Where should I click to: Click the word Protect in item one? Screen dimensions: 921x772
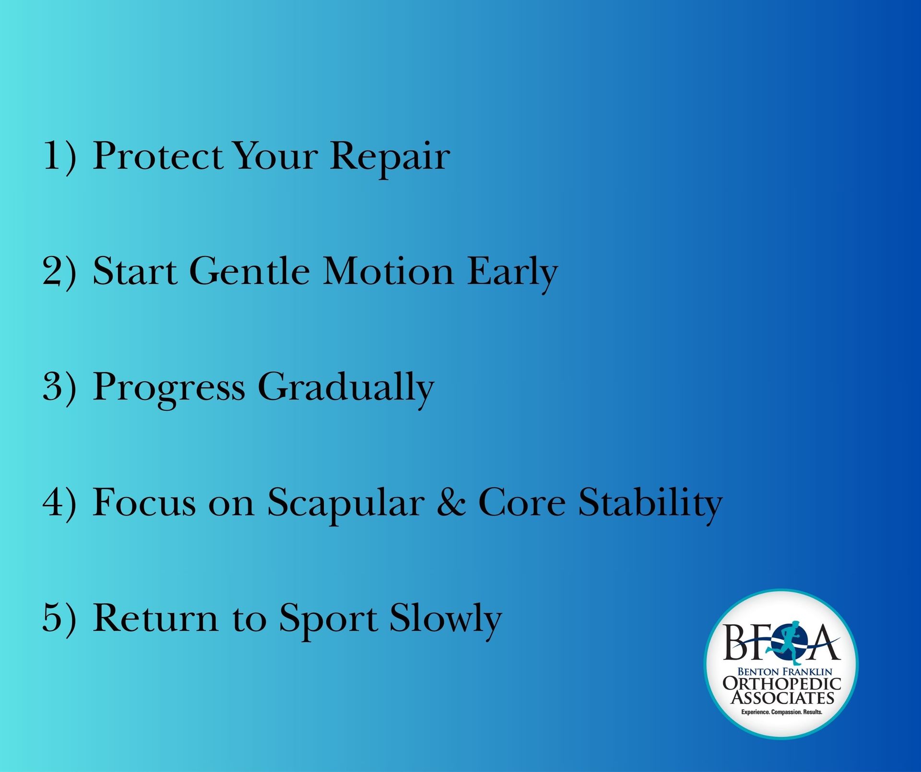[x=158, y=156]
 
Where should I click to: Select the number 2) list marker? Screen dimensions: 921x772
[x=59, y=271]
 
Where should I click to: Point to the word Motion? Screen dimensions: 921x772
[x=388, y=271]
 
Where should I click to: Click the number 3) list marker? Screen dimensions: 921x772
[x=59, y=386]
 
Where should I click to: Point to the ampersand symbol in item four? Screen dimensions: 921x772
[x=451, y=503]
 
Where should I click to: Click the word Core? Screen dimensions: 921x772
[x=522, y=503]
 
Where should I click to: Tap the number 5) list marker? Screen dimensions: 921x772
[x=59, y=618]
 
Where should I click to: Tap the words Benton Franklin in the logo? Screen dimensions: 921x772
[x=785, y=672]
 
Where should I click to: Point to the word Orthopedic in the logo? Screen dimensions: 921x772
[x=782, y=683]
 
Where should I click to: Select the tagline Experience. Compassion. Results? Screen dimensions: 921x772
[x=782, y=712]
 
